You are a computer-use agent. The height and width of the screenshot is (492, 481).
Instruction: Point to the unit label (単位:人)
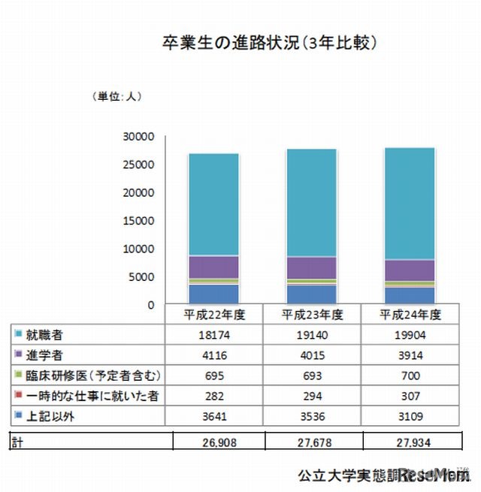click(x=116, y=96)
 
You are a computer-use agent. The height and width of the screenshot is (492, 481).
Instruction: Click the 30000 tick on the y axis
click(x=139, y=136)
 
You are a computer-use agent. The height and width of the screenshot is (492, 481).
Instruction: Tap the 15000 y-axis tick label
click(x=139, y=220)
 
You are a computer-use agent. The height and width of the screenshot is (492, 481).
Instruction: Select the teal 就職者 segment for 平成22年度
click(x=213, y=204)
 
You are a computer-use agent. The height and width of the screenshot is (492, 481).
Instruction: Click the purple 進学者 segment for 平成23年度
click(x=310, y=267)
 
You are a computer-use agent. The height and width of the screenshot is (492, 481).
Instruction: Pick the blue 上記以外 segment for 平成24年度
click(x=410, y=295)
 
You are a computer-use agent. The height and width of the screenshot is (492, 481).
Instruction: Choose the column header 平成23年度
click(x=313, y=313)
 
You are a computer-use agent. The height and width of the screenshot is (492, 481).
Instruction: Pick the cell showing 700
click(x=409, y=374)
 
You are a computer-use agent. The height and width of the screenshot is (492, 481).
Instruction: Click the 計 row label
click(x=17, y=444)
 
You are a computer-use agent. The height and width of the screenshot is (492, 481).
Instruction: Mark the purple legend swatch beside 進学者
click(x=17, y=354)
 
